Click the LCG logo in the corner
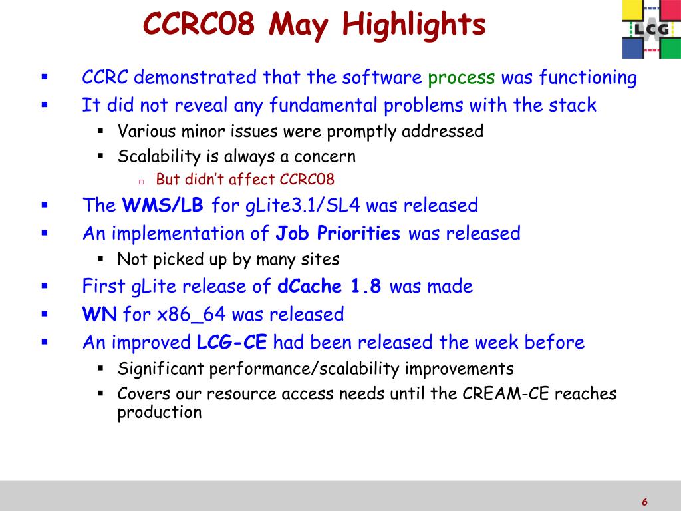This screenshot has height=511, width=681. [652, 29]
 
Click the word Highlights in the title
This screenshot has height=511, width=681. [414, 25]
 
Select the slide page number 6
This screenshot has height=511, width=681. [644, 502]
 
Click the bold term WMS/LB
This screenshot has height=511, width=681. [162, 205]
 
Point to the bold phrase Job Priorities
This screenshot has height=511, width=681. [338, 234]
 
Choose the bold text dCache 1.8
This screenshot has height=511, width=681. [329, 286]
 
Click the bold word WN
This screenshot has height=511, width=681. [100, 314]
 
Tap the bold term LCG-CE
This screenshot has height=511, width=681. [231, 343]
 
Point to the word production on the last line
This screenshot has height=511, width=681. [160, 413]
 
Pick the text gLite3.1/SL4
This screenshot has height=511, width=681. [303, 206]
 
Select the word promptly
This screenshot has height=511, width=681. [361, 132]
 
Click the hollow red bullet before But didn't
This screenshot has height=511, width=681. [141, 182]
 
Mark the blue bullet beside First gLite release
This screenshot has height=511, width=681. [45, 286]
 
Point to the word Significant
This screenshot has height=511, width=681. [161, 369]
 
